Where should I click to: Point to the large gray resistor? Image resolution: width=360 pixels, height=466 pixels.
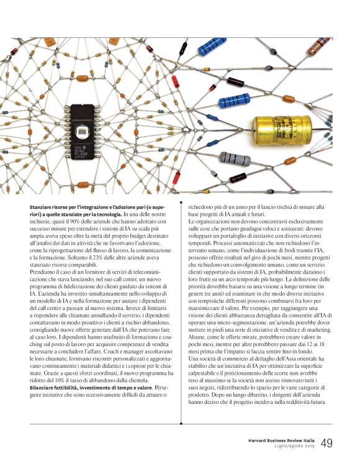click(237, 159)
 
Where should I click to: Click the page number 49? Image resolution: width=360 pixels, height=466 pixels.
click(328, 442)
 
